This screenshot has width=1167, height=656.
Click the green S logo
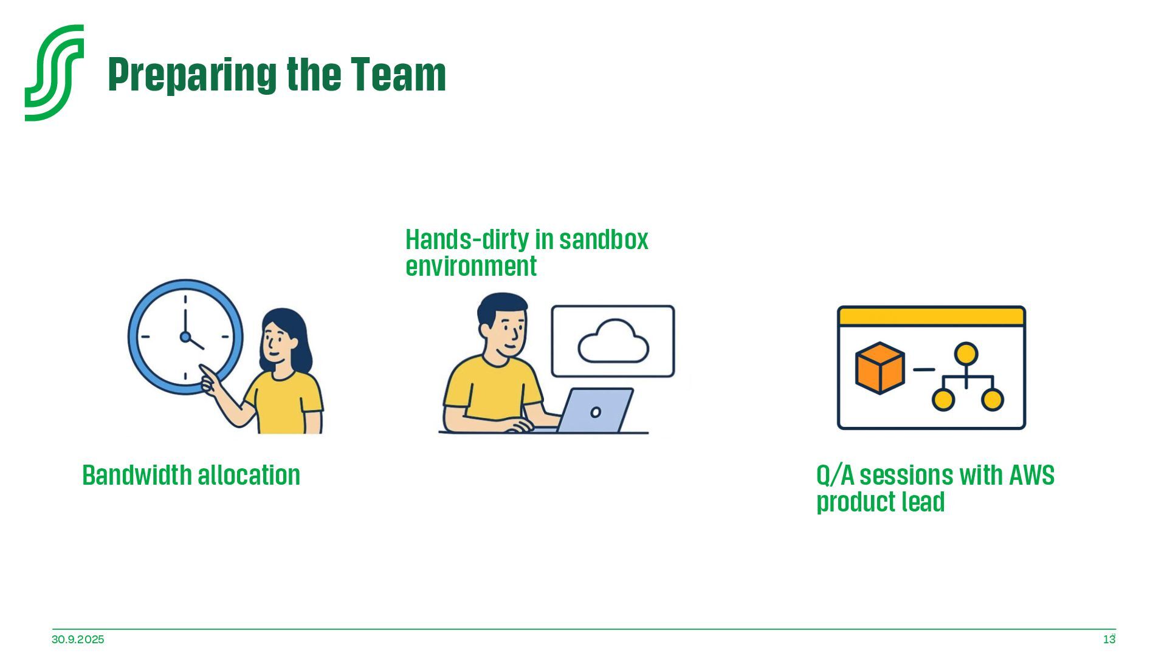(54, 72)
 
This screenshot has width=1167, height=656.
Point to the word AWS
(1031, 475)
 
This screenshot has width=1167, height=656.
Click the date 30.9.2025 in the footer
(78, 640)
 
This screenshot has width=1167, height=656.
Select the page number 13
(1109, 640)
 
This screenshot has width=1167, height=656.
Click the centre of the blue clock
(185, 337)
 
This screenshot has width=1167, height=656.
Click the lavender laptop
(596, 411)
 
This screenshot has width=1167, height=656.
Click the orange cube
(880, 368)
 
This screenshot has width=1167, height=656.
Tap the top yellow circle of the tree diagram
(966, 354)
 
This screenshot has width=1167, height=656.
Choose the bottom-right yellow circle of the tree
(992, 400)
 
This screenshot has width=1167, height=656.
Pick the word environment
(471, 266)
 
